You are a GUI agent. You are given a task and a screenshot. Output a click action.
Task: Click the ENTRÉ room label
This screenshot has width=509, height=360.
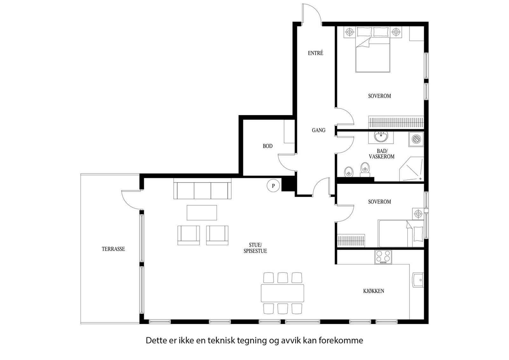pyautogui.click(x=315, y=53)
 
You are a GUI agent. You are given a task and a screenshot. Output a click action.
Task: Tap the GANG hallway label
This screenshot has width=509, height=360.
pyautogui.click(x=318, y=130)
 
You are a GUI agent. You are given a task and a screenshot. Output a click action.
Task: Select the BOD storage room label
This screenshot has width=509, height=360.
pyautogui.click(x=268, y=146)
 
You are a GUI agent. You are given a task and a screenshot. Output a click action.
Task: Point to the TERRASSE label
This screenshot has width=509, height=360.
pyautogui.click(x=113, y=249)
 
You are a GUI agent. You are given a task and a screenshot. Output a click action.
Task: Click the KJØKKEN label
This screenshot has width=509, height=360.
pyautogui.click(x=373, y=291)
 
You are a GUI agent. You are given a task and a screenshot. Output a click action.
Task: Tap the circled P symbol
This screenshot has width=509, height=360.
pyautogui.click(x=273, y=186)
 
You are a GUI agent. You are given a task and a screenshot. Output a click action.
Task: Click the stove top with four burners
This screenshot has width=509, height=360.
pyautogui.click(x=383, y=257)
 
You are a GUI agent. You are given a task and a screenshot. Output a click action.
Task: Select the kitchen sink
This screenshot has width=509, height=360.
pyautogui.click(x=418, y=280)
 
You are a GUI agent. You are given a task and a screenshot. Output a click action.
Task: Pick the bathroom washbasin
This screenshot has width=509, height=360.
pyautogui.click(x=381, y=137)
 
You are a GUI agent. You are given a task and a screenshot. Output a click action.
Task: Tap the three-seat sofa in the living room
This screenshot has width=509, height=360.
pyautogui.click(x=202, y=189)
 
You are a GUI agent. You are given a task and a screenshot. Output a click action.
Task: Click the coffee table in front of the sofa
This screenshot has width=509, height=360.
pyautogui.click(x=202, y=212)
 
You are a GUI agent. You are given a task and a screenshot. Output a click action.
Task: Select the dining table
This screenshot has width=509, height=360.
pyautogui.click(x=282, y=293)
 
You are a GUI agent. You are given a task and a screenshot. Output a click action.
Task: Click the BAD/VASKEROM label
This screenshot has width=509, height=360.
pyautogui.click(x=381, y=154)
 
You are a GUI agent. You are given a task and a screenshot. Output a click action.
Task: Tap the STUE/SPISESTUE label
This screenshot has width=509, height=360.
pyautogui.click(x=255, y=248)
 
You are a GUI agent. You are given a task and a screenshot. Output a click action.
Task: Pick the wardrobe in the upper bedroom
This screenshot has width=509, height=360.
pyautogui.click(x=396, y=123)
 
